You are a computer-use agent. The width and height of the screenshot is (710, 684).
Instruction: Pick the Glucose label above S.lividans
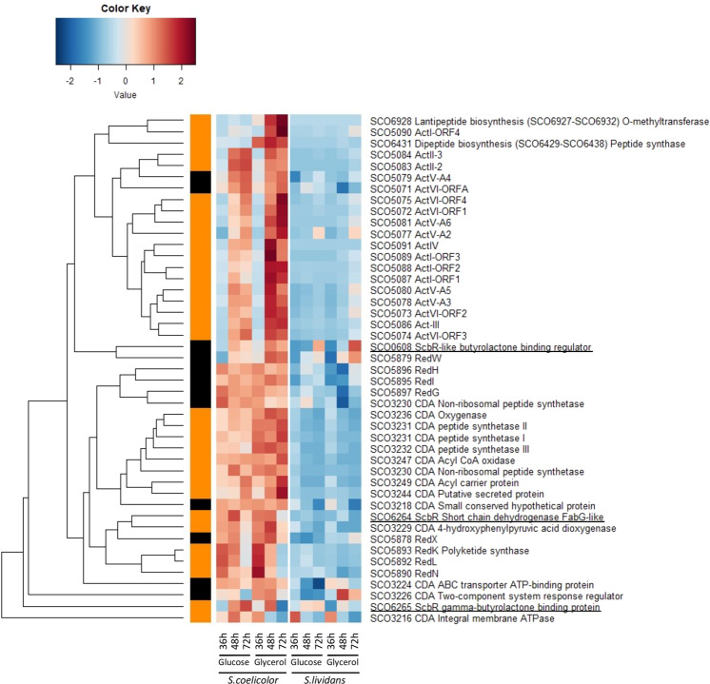[307, 660]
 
